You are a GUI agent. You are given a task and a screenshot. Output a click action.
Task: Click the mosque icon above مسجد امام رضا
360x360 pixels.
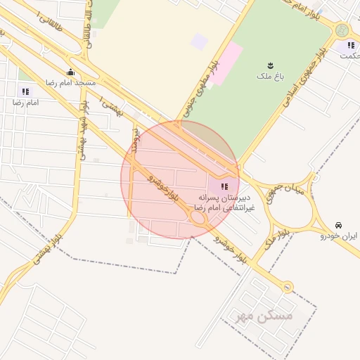tap(70, 72)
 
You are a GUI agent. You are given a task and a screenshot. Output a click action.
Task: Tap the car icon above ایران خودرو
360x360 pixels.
tap(339, 226)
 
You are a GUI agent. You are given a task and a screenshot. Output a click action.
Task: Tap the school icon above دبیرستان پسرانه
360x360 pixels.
tap(224, 186)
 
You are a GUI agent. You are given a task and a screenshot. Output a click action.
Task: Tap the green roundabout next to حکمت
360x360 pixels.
tap(342, 30)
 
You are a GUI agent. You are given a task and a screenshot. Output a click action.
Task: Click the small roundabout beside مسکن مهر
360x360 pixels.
tap(287, 287)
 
